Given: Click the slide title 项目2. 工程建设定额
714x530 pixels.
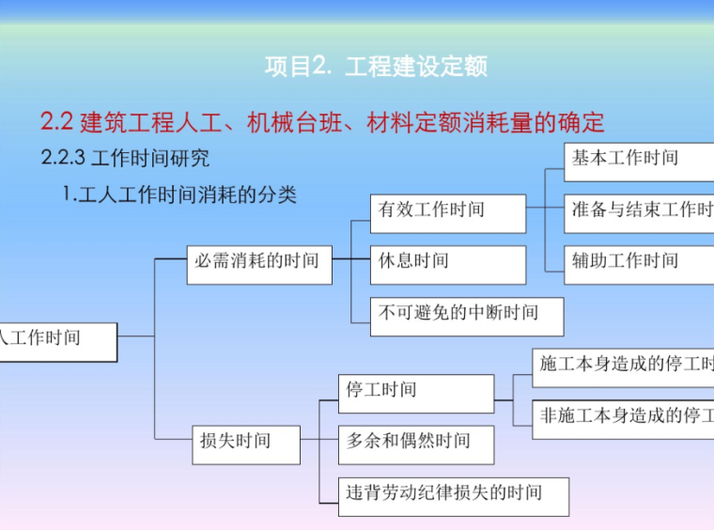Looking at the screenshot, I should click(376, 67).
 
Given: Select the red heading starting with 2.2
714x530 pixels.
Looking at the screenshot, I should click(322, 122).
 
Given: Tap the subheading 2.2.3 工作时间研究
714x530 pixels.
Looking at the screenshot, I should click(126, 158).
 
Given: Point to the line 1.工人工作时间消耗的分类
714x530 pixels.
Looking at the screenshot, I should click(179, 195).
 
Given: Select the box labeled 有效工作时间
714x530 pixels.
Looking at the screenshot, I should click(447, 212).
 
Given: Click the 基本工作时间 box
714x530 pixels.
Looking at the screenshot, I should click(639, 161).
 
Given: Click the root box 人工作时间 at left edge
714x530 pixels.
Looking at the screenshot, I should click(56, 340).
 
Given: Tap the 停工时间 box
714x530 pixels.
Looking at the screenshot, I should click(415, 392).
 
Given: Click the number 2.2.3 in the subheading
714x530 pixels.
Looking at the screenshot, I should click(64, 158).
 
